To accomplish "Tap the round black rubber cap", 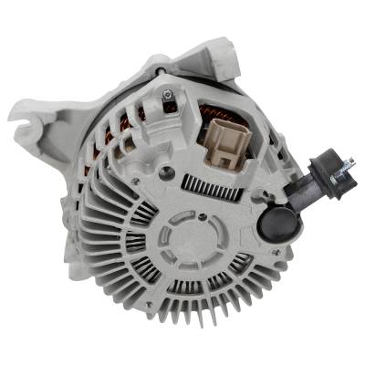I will (274, 222).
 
